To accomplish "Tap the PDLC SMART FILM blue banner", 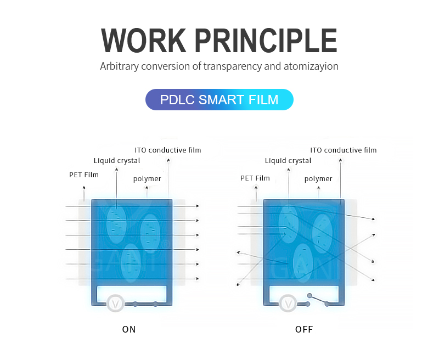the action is tap(219, 100).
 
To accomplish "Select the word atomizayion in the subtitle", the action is tap(311, 66).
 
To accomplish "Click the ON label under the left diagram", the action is tap(129, 329).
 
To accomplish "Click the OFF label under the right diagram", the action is tap(303, 329).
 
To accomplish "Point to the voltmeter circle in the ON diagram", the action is tap(115, 303).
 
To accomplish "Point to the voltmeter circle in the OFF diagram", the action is tap(288, 303).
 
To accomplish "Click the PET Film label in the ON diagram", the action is tap(84, 175).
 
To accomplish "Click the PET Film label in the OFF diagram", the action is tap(255, 178).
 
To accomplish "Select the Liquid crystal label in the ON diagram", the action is tap(117, 161).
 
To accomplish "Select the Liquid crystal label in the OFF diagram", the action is tap(288, 161).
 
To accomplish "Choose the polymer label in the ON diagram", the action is tap(147, 179).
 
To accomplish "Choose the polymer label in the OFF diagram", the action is tap(318, 179).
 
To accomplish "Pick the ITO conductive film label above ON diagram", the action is tap(168, 150).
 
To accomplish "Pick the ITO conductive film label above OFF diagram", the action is tap(344, 150).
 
